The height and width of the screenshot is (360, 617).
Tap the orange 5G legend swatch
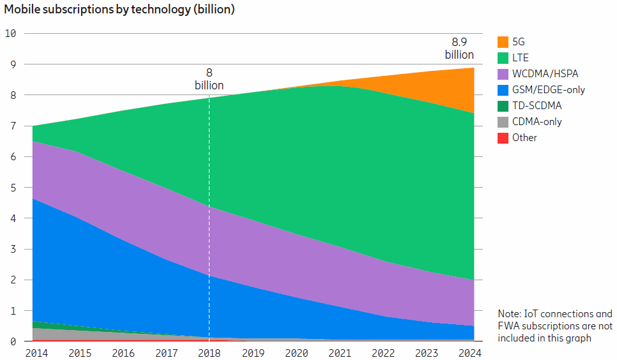pos(503,42)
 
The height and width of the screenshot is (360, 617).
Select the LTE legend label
pos(520,58)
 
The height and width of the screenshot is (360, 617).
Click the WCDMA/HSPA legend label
pos(545,74)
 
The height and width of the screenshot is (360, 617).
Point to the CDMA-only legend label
pos(537,122)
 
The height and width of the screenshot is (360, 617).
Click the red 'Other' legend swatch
pos(503,138)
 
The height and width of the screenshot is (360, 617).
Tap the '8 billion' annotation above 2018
pos(209,79)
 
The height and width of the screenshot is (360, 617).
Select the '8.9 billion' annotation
pos(459,49)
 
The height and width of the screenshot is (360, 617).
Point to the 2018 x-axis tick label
pos(209,352)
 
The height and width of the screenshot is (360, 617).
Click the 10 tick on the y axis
pos(10,33)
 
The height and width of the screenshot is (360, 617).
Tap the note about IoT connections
pos(554,326)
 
